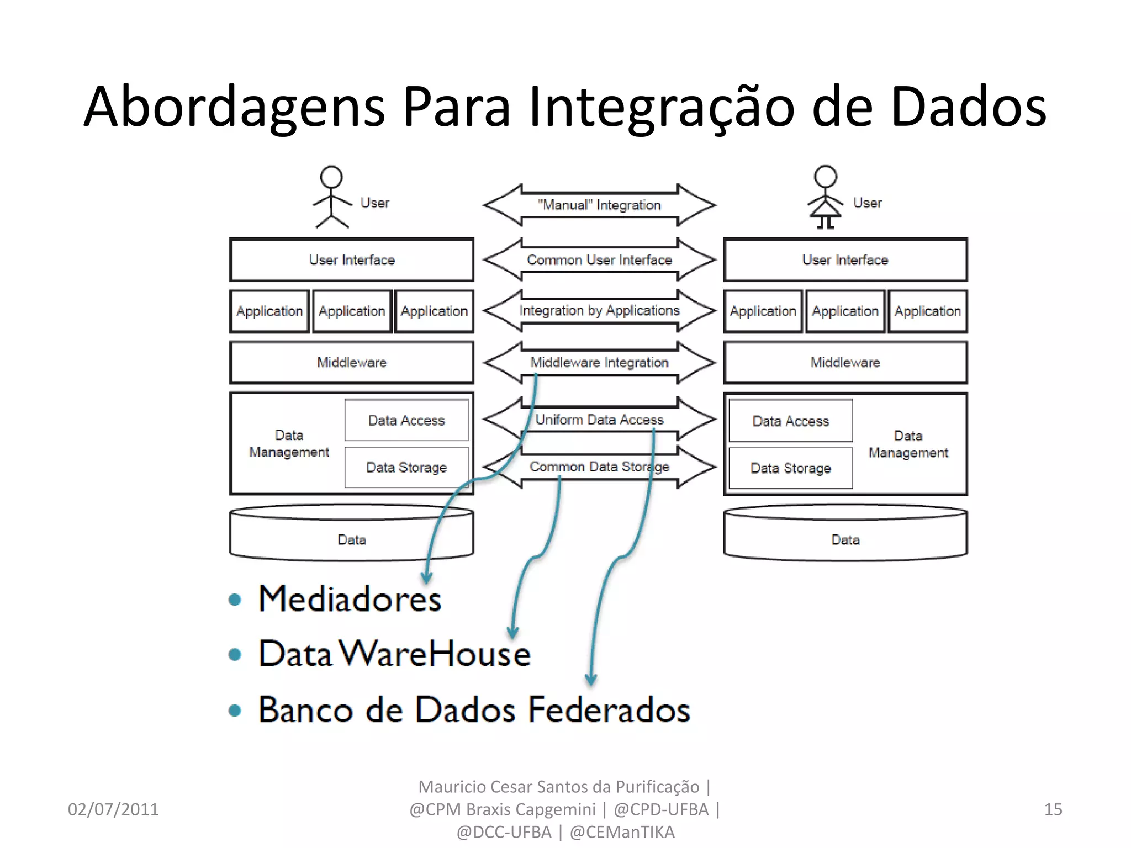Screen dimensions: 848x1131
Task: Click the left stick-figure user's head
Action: tap(331, 177)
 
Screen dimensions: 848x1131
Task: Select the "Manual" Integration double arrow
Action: tap(599, 205)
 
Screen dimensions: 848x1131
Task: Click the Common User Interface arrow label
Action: tap(599, 260)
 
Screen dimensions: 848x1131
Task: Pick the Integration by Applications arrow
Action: tap(599, 311)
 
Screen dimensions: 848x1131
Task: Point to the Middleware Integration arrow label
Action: tap(599, 363)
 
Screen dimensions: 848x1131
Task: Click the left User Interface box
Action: tap(352, 260)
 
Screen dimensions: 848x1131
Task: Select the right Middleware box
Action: tap(845, 363)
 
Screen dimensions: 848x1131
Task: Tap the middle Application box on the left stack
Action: tap(352, 311)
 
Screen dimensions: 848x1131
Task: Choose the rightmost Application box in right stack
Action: tap(927, 311)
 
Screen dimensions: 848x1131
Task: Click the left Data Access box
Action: tap(406, 421)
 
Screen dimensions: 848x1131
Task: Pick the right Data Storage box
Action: tap(790, 468)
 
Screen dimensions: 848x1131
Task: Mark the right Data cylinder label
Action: tap(845, 540)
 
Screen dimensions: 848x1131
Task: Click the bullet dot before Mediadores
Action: tap(235, 600)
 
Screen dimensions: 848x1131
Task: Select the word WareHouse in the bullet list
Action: tap(435, 654)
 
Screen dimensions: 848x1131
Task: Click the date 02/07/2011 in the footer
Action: tap(113, 809)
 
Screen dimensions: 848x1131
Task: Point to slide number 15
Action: tap(1053, 809)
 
